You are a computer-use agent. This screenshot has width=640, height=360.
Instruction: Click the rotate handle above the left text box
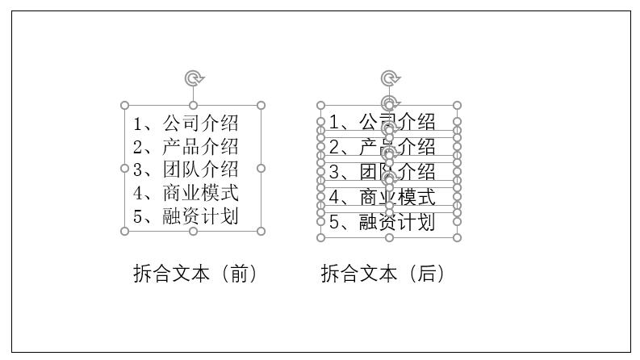click(193, 77)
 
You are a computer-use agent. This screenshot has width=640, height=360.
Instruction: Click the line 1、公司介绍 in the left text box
click(186, 123)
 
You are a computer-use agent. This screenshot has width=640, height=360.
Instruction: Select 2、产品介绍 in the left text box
click(186, 147)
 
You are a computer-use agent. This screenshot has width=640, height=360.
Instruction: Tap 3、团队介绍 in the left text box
click(186, 170)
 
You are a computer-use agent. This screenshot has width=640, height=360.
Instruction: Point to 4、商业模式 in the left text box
click(186, 193)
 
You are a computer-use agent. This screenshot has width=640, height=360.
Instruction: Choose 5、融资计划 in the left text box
click(186, 216)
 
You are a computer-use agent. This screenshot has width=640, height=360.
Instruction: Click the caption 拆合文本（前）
click(195, 274)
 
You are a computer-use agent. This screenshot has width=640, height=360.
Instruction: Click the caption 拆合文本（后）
click(383, 274)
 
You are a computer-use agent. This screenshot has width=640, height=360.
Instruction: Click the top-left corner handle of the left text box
click(124, 105)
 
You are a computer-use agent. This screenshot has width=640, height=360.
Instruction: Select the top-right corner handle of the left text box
click(261, 105)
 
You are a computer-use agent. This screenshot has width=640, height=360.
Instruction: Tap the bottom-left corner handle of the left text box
click(124, 231)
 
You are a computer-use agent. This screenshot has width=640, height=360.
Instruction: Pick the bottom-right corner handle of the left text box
click(261, 231)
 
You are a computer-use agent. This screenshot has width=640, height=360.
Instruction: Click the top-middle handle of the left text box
click(193, 105)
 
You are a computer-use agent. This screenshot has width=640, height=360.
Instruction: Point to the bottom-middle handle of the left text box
click(193, 231)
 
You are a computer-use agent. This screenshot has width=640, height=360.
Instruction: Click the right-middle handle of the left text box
click(261, 168)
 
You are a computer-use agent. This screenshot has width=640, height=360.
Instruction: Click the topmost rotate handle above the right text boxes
click(389, 77)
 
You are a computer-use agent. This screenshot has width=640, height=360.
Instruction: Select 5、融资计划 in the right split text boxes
click(382, 222)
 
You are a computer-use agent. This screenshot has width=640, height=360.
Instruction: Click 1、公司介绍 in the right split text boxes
click(382, 123)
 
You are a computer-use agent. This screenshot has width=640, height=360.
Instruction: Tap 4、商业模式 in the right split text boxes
click(382, 197)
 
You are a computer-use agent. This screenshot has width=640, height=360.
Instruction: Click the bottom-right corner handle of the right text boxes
click(458, 237)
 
